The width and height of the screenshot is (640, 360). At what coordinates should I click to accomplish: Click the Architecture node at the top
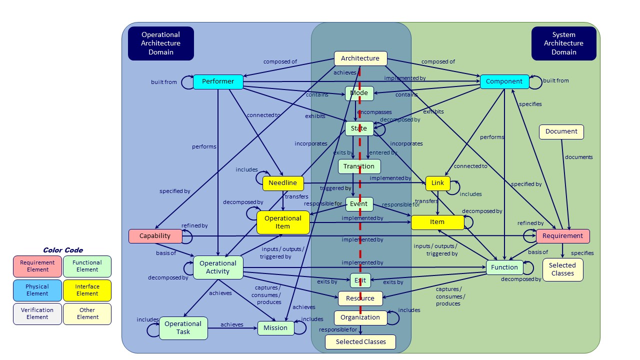[360, 58]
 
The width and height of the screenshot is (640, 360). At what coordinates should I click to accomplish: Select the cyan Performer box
[218, 81]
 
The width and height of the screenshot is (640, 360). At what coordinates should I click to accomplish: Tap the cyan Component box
[504, 81]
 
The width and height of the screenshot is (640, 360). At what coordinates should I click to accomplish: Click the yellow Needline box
[283, 183]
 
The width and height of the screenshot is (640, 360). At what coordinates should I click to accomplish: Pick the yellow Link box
[437, 183]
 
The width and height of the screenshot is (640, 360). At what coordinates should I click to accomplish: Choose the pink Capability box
[155, 236]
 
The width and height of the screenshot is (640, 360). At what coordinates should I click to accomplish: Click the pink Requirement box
[562, 236]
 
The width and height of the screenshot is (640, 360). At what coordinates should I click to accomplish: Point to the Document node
[561, 131]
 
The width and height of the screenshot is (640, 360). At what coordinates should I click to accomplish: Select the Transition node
[359, 166]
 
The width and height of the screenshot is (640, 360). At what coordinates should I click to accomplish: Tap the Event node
[359, 204]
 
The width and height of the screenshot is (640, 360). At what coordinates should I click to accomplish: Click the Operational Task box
[183, 327]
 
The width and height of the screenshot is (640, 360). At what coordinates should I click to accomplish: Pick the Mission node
[275, 328]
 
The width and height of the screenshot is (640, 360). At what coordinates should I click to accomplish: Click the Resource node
[360, 298]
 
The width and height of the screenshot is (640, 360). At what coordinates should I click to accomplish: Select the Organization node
[360, 317]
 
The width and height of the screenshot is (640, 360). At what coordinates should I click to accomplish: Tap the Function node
[504, 267]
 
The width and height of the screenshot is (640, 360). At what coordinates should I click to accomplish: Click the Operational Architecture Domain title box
[160, 43]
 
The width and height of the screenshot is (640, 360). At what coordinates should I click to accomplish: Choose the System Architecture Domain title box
[563, 43]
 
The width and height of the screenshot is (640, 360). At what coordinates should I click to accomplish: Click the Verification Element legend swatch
[37, 313]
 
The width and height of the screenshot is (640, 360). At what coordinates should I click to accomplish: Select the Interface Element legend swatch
[87, 290]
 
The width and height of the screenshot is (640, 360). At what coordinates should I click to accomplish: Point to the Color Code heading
[63, 250]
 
